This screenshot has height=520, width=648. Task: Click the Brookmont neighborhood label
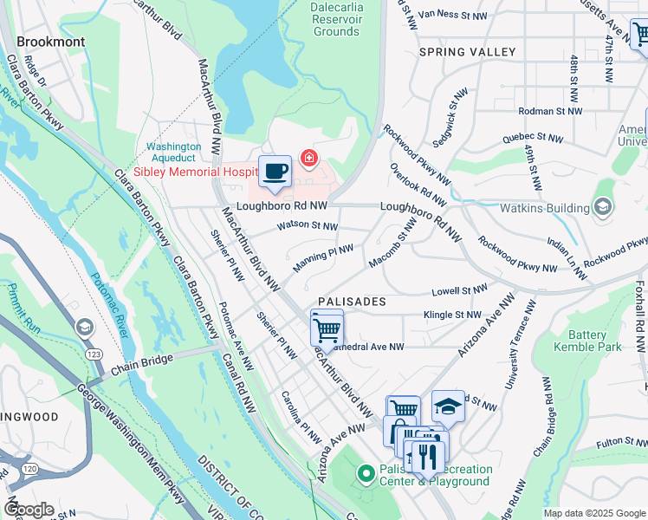click(51, 42)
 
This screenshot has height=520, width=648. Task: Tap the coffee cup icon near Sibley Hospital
click(275, 171)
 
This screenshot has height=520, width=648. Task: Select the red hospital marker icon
click(308, 158)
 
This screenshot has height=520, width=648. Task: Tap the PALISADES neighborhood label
click(351, 301)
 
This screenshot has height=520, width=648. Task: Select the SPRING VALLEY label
click(467, 52)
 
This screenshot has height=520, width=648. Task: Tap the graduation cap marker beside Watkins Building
click(603, 206)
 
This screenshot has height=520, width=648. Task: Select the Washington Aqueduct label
click(173, 154)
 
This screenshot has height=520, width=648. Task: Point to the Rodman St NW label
click(554, 111)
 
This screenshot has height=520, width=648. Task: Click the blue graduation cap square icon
click(448, 406)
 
